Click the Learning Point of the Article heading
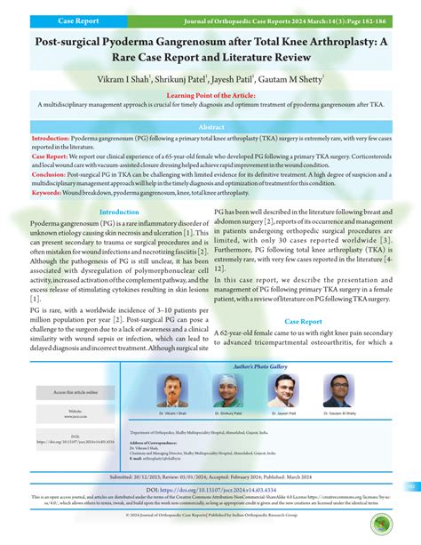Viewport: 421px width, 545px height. click(210, 93)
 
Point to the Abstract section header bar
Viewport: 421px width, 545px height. click(210, 126)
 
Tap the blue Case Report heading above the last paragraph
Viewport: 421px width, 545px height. click(303, 321)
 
